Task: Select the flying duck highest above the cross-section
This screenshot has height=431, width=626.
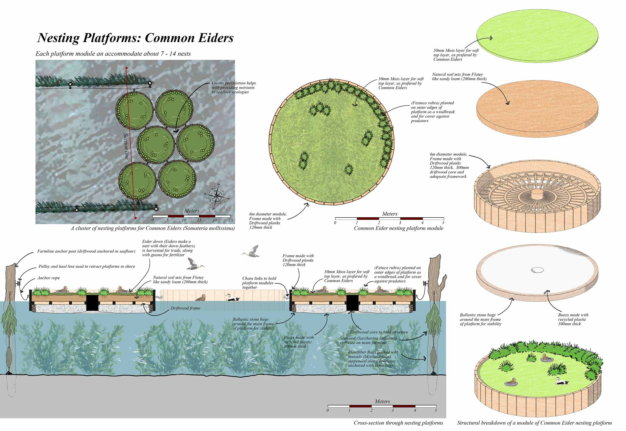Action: click(x=251, y=251)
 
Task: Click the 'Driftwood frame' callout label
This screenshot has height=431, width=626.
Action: click(x=185, y=308)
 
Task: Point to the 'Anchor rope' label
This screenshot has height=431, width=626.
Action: click(x=48, y=278)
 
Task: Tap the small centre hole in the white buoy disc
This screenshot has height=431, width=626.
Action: click(x=537, y=270)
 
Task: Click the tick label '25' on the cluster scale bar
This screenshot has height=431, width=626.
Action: click(x=231, y=220)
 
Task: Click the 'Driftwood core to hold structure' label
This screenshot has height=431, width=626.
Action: click(x=379, y=332)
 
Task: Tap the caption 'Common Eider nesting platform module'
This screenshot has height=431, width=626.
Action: click(x=398, y=228)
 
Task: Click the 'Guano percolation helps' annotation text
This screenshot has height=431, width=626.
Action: click(x=233, y=83)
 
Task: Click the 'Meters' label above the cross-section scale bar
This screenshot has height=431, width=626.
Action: click(x=382, y=402)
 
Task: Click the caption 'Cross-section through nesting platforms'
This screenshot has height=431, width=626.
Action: click(x=398, y=423)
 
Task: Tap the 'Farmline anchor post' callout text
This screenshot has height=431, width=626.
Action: click(x=86, y=251)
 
